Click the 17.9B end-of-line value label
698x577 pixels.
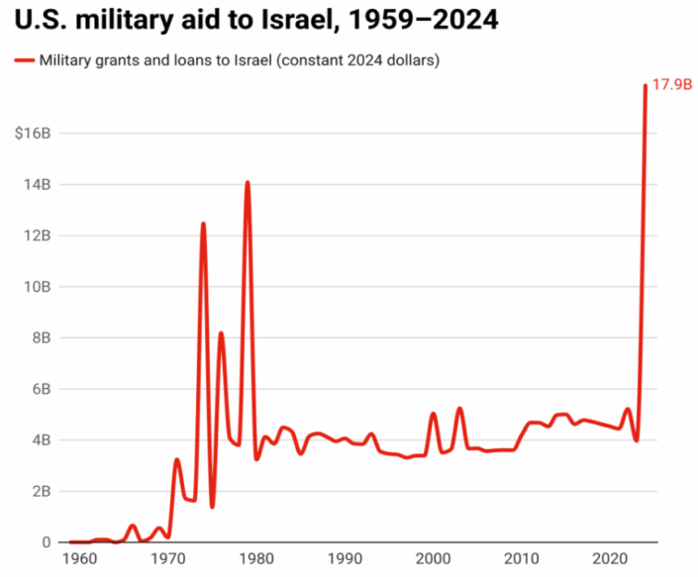tap(670, 86)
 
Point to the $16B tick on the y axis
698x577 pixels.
tap(33, 134)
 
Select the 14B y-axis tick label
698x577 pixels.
tap(39, 185)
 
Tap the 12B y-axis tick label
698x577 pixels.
tap(39, 236)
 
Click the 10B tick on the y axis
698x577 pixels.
tap(39, 287)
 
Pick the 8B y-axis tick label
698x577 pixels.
tap(43, 338)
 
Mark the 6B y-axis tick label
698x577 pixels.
tap(43, 389)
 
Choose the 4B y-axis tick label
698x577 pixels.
tap(43, 440)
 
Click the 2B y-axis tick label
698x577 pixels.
tap(43, 492)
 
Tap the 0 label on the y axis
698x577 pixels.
tap(47, 542)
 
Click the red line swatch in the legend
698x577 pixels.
tap(24, 61)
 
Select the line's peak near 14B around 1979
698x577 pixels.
tap(248, 182)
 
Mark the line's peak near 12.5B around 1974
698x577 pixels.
tap(203, 224)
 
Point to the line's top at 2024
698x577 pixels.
tap(646, 86)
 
